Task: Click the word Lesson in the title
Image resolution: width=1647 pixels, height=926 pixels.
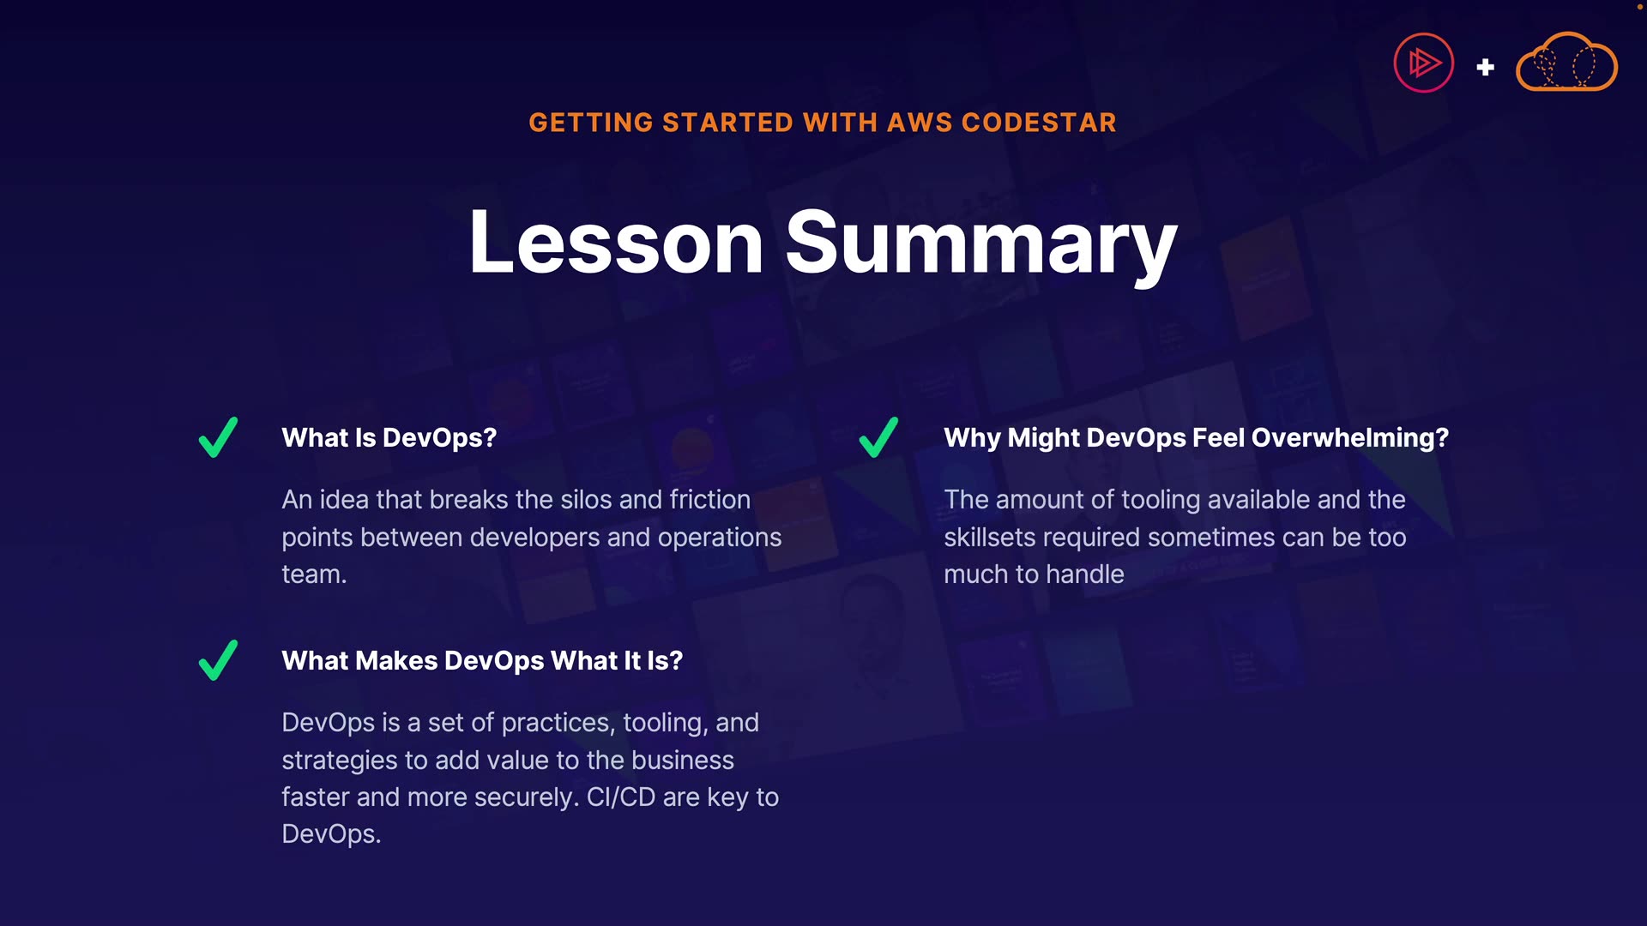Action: [616, 243]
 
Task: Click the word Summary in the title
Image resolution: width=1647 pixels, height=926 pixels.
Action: [981, 247]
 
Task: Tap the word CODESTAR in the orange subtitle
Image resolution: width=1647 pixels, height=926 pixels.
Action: [1039, 123]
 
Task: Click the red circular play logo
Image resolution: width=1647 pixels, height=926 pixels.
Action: [1424, 63]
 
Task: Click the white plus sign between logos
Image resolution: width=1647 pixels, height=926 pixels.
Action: [1486, 67]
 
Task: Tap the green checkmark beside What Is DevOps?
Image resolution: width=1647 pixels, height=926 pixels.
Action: [218, 437]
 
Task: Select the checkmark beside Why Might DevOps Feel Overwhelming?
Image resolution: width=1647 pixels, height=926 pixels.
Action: [878, 437]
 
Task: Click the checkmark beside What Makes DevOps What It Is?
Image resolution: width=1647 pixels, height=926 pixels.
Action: [218, 660]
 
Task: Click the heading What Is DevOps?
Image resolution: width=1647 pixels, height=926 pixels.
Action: [389, 438]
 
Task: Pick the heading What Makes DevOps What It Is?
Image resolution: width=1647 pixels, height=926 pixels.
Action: [482, 661]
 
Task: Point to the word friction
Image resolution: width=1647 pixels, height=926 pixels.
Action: [710, 500]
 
